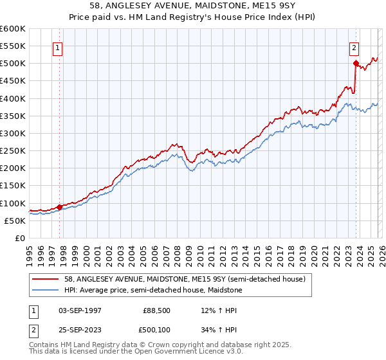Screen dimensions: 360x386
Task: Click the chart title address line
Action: point(193,6)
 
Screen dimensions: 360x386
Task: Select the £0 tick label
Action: point(19,238)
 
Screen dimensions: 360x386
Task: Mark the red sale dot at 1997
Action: point(59,207)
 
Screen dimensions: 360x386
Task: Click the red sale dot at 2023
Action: point(355,63)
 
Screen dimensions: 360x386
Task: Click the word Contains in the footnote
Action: point(45,345)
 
